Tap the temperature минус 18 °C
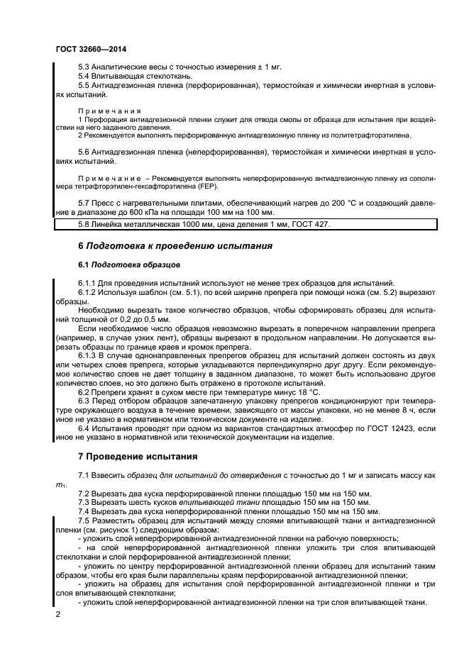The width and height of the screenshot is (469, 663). pos(291,392)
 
